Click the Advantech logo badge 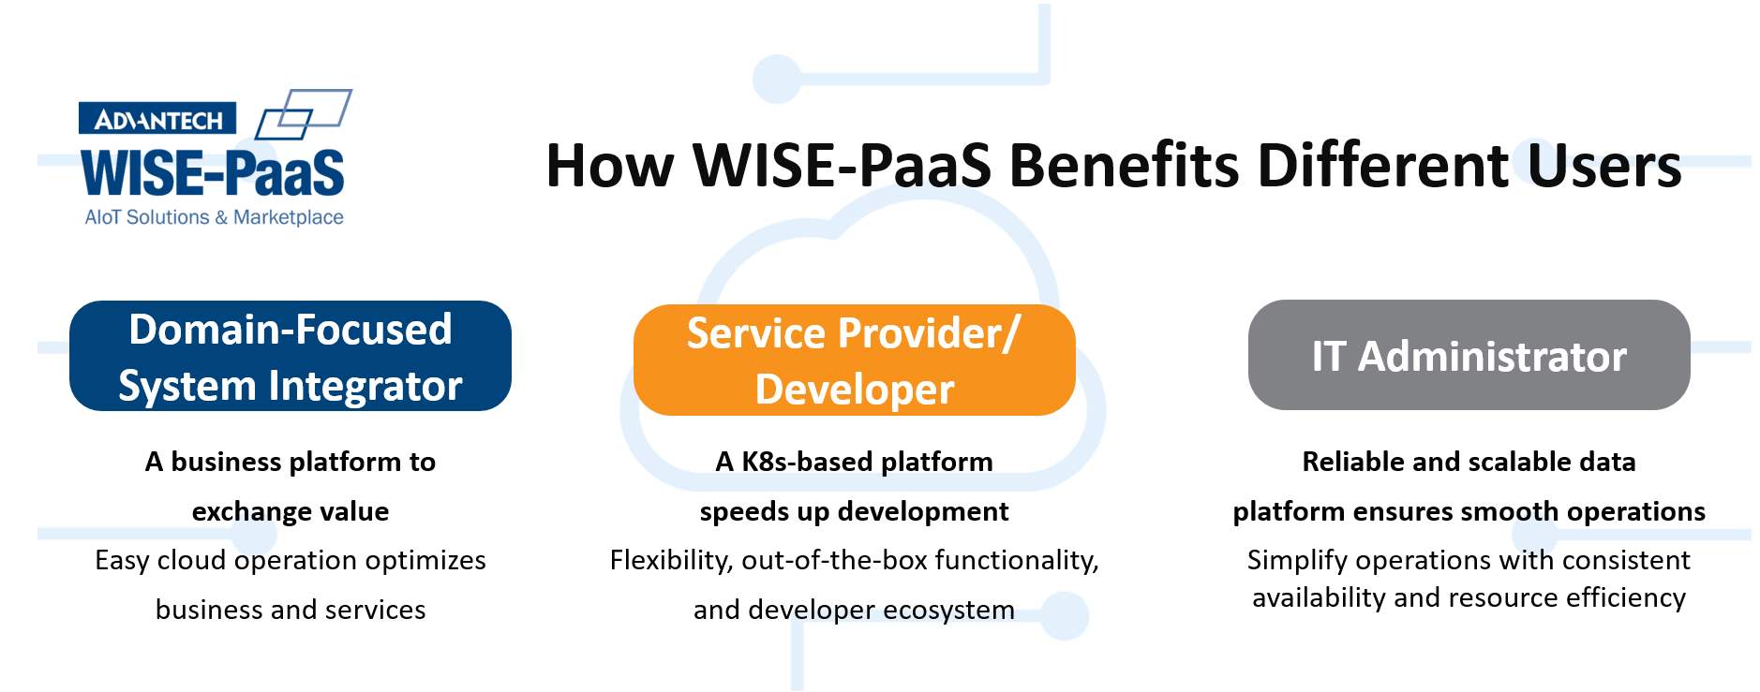[157, 119]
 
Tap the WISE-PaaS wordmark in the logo [213, 173]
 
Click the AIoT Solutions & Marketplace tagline [214, 217]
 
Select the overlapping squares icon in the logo [304, 114]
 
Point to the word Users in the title [1604, 166]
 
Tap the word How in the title [609, 166]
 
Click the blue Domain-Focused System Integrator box [291, 356]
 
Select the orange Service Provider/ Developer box [855, 360]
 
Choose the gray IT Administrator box [1469, 355]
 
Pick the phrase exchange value [291, 511]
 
